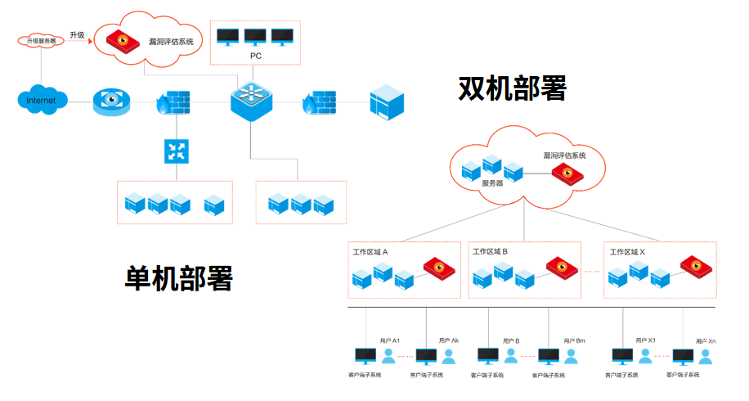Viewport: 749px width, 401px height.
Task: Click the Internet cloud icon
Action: (x=42, y=100)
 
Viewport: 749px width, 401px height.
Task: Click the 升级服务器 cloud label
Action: (x=42, y=39)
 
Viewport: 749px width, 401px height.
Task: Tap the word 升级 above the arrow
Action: (x=77, y=34)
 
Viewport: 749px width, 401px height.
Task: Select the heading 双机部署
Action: (x=512, y=88)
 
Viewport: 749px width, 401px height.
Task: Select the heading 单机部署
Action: (x=178, y=278)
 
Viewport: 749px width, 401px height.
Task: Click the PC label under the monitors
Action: (x=255, y=56)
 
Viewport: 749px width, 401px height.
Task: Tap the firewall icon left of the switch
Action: (x=173, y=102)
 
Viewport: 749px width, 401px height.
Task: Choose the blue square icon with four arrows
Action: (x=177, y=150)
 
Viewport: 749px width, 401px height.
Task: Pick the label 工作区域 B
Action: (x=491, y=252)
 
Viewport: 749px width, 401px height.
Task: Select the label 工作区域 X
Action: (x=627, y=252)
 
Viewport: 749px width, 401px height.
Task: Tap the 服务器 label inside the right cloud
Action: (x=492, y=183)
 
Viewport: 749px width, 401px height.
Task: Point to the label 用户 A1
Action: (x=390, y=340)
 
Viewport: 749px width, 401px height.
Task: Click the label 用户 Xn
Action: (x=706, y=340)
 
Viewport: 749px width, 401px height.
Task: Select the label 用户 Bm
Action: (x=574, y=340)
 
